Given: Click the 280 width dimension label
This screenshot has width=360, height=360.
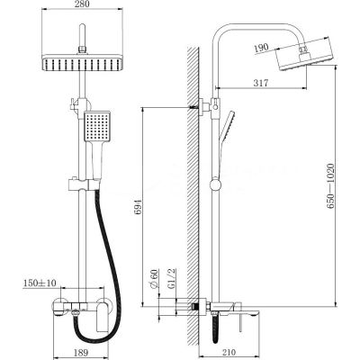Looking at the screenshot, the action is click(x=82, y=4).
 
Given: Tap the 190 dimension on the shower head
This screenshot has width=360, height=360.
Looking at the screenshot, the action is click(x=262, y=49).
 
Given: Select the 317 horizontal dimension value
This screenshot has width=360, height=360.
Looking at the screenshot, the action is click(x=261, y=83).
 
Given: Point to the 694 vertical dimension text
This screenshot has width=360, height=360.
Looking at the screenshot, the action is click(x=138, y=207).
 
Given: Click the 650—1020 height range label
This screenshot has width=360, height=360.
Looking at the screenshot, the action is click(x=330, y=186).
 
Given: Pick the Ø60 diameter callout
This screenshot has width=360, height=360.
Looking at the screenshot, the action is click(x=154, y=279).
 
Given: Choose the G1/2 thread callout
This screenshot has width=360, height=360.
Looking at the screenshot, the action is click(x=171, y=279).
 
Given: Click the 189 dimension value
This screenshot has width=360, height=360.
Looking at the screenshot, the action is click(x=80, y=352).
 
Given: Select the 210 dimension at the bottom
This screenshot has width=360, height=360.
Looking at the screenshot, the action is click(x=229, y=352).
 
